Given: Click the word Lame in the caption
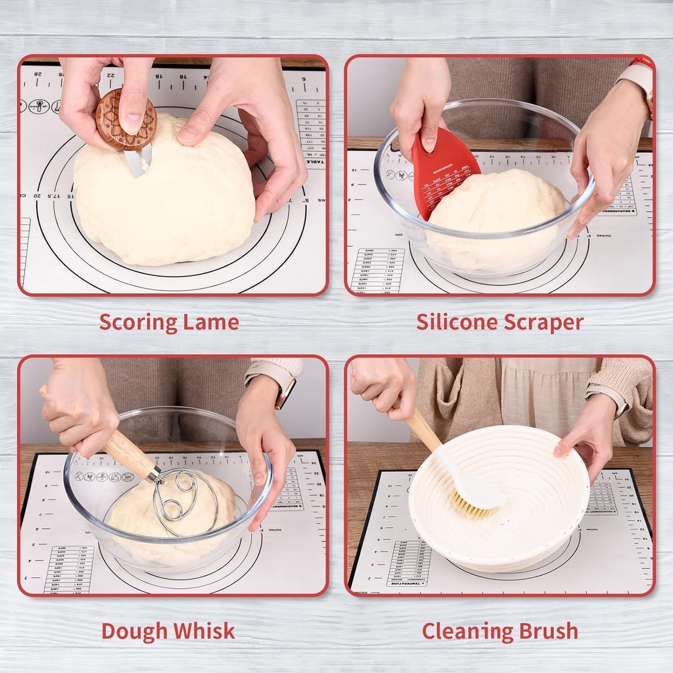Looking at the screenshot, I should click(x=213, y=323).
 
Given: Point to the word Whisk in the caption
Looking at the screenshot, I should click(x=205, y=631).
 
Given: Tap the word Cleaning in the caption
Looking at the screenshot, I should click(x=467, y=631).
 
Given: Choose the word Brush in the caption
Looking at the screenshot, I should click(x=547, y=631).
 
